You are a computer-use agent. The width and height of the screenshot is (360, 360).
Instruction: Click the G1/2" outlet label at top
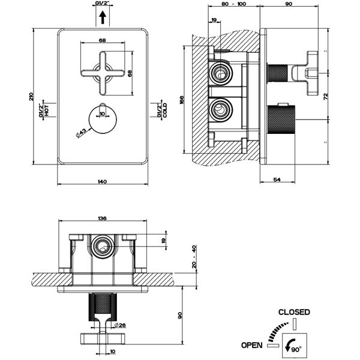[102, 5]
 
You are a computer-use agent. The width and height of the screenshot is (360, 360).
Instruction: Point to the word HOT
[46, 112]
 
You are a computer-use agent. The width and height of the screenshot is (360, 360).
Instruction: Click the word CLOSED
[295, 312]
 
